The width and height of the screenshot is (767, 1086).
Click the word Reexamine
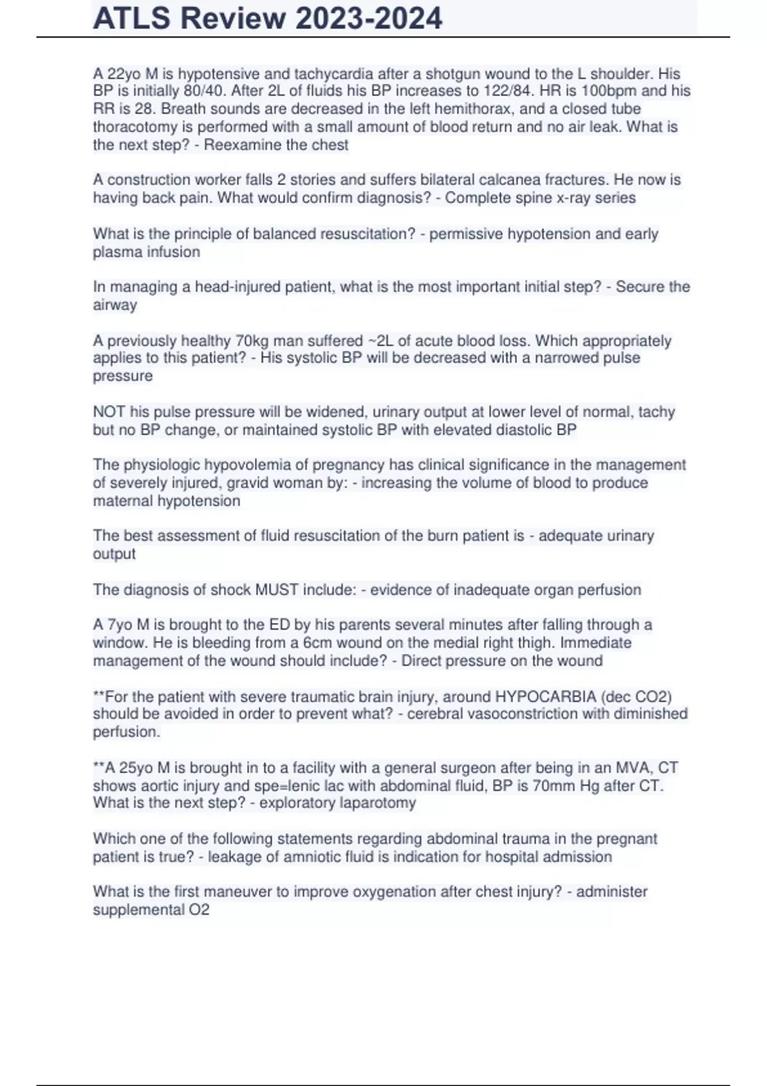[240, 145]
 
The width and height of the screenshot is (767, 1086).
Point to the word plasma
[115, 252]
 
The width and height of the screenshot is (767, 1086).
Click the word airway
[115, 305]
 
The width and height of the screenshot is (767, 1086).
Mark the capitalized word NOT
[109, 412]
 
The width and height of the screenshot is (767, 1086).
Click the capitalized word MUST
[277, 590]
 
